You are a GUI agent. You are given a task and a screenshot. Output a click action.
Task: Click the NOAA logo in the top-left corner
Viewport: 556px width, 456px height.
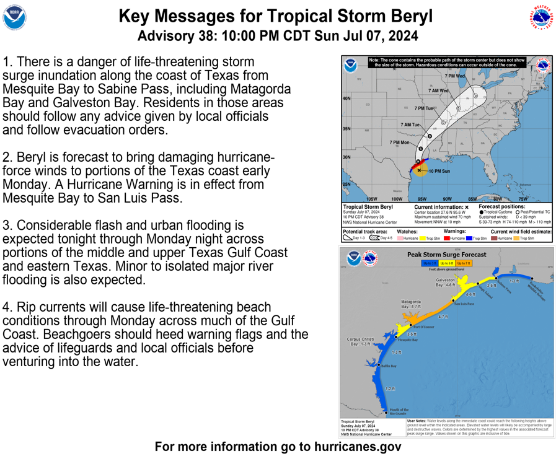click(15, 18)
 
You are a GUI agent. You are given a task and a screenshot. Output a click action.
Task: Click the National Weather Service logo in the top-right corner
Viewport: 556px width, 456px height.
click(541, 18)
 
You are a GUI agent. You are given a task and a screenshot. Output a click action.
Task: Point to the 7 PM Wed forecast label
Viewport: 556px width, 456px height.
click(454, 76)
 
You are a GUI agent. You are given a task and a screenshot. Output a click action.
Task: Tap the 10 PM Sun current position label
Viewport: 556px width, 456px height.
click(439, 171)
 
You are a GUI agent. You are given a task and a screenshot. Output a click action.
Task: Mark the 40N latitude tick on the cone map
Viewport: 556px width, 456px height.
click(346, 99)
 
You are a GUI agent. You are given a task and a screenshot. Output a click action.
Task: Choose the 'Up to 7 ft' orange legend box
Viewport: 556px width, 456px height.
click(463, 263)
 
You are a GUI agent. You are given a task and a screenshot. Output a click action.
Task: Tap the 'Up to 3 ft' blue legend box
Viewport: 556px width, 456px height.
click(430, 263)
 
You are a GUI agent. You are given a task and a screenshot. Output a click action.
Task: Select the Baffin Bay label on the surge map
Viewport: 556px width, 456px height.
click(388, 366)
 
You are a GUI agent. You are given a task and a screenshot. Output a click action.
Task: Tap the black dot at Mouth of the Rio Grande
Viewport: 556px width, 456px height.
click(387, 412)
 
